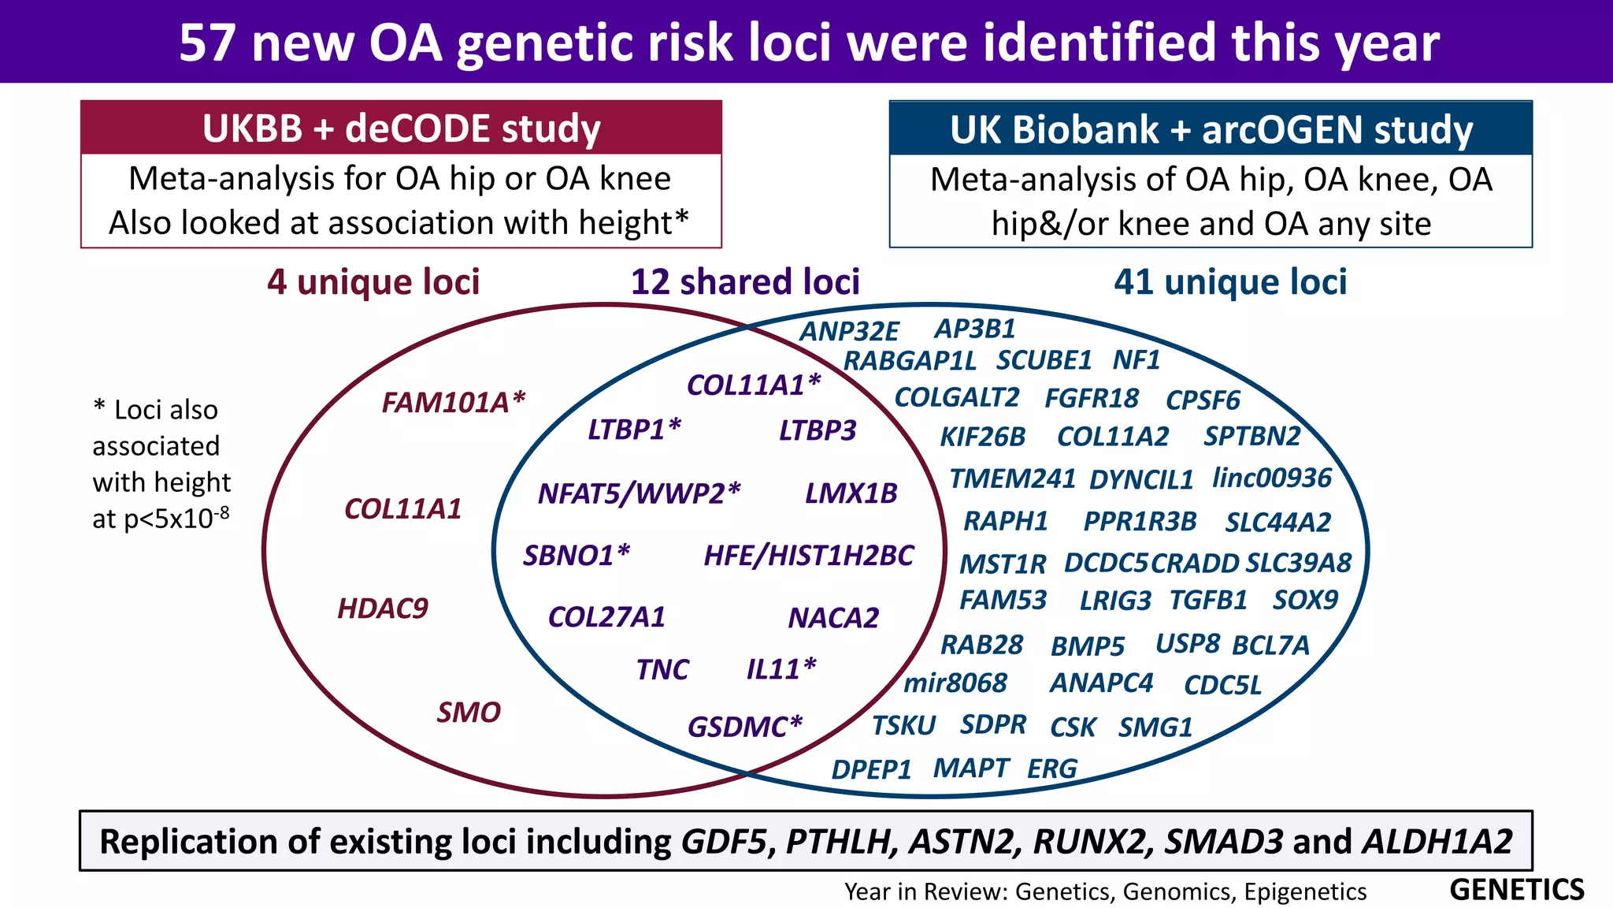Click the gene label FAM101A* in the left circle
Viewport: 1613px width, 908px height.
tap(453, 403)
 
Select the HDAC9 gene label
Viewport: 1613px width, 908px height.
tap(383, 608)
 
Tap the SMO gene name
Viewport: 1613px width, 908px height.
tap(469, 713)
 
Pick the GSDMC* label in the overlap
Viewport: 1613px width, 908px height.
tap(744, 727)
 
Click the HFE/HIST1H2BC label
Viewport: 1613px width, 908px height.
tap(808, 556)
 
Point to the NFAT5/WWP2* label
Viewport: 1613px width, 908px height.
tap(639, 493)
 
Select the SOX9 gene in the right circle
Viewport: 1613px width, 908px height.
tap(1305, 601)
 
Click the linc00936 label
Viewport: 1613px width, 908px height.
tap(1271, 478)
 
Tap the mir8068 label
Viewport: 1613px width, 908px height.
tap(955, 683)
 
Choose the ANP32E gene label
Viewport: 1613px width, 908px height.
tap(849, 332)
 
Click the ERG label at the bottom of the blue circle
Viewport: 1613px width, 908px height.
tap(1051, 768)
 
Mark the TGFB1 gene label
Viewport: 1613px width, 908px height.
tap(1208, 601)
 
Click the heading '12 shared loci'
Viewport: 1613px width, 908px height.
tap(745, 282)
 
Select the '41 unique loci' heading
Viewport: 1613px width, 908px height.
tap(1230, 282)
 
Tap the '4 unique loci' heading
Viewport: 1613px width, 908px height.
tap(373, 282)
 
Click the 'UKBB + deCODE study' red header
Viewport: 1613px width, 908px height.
tap(401, 128)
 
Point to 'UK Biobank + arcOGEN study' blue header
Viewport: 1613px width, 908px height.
tap(1211, 130)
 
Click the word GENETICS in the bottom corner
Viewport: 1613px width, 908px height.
tap(1516, 890)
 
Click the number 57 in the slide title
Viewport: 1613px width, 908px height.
tap(207, 43)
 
